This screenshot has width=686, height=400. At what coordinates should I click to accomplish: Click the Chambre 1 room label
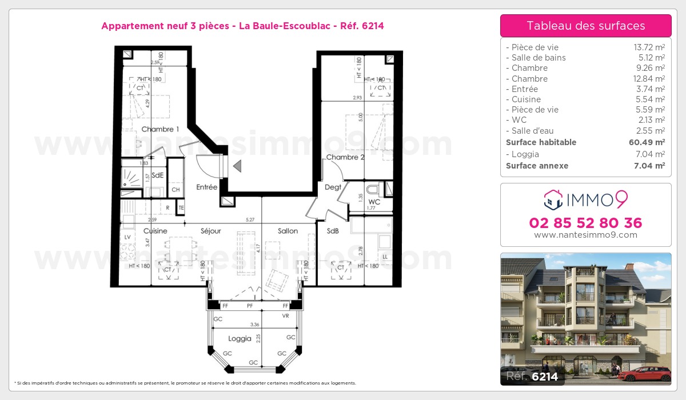160,129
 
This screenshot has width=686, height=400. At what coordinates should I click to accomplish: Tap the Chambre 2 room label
345,157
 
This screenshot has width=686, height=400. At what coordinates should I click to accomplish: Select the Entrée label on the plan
206,187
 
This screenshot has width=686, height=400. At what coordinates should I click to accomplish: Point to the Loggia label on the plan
240,338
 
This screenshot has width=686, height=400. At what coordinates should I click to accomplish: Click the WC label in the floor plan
374,202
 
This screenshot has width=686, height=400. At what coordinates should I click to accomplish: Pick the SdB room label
333,231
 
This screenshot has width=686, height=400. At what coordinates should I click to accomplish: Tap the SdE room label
158,175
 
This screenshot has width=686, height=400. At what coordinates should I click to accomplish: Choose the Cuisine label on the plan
155,231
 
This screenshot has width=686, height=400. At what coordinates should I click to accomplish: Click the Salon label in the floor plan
288,231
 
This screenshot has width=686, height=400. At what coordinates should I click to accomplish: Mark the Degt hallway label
333,187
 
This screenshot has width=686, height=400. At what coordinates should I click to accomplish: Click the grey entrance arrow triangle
237,166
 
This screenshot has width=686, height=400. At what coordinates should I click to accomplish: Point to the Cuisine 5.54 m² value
651,99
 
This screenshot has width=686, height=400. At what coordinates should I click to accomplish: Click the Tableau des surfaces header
585,26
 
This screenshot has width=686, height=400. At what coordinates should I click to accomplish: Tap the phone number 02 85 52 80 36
585,223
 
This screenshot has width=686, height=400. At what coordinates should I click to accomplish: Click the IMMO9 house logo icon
552,199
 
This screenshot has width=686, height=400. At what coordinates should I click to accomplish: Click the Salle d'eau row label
532,131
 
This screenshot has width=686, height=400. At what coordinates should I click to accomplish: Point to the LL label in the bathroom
385,257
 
